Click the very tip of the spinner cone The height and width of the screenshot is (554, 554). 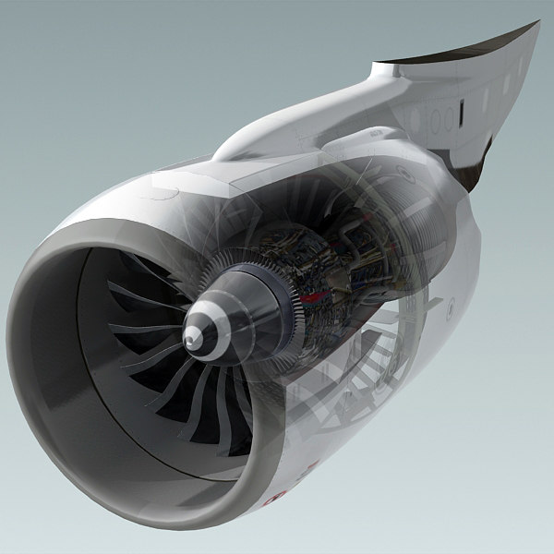coord(189,341)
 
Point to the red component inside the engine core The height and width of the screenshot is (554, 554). coord(319,297)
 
